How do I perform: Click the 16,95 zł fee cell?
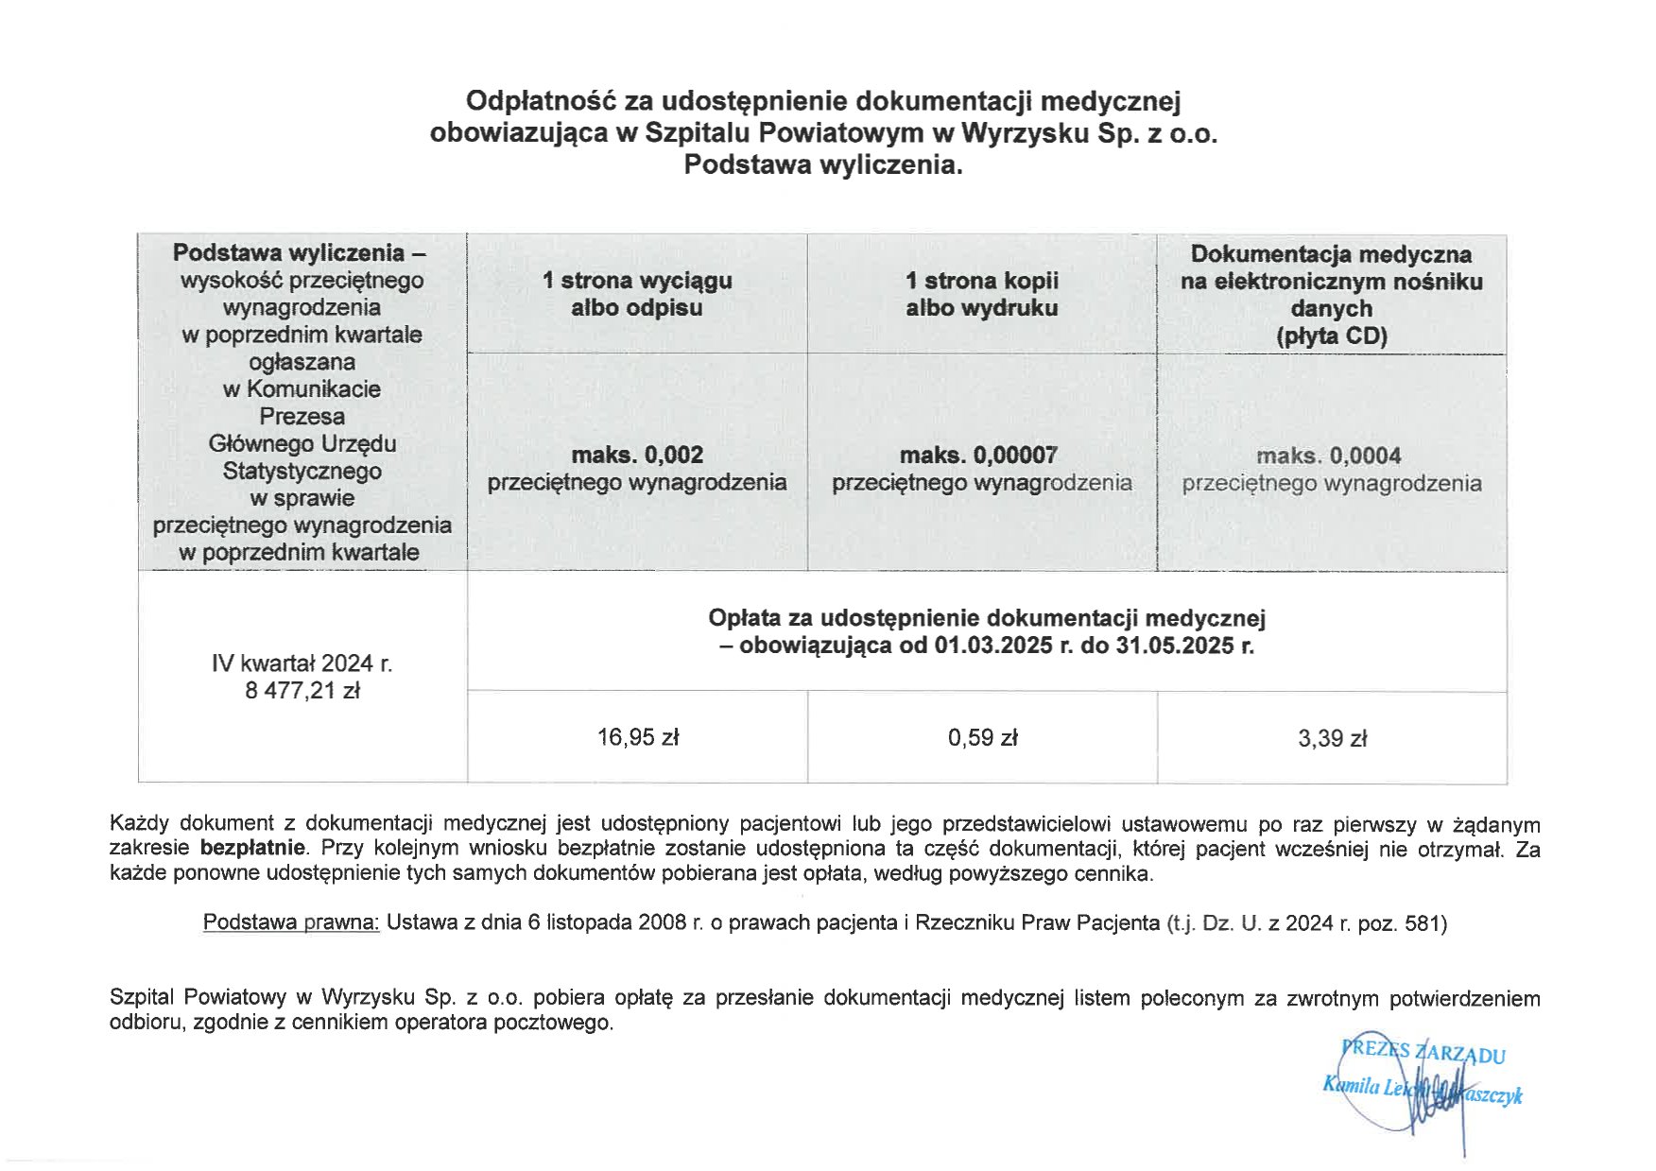click(x=637, y=737)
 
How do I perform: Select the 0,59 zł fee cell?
click(x=982, y=738)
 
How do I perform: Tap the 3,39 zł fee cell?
click(x=1332, y=739)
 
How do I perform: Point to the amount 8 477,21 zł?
click(x=302, y=691)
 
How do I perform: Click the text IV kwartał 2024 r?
click(x=302, y=663)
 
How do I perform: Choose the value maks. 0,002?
click(x=637, y=455)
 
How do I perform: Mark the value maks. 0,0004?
click(x=1328, y=456)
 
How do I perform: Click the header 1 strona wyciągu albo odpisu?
click(x=637, y=294)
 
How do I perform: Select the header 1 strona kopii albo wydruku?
click(x=982, y=294)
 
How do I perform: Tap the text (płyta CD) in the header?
click(x=1332, y=336)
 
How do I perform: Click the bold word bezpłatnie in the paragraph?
click(x=252, y=848)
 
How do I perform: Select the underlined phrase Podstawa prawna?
click(x=291, y=922)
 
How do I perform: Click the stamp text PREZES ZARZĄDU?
click(x=1423, y=1051)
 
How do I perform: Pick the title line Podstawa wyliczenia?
click(x=823, y=164)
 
